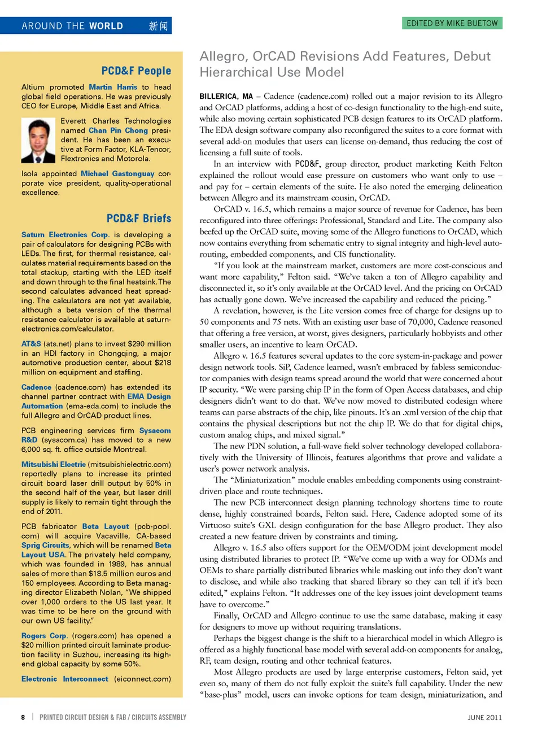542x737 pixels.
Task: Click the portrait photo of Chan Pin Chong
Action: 38,140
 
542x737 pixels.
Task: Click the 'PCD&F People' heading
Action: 136,71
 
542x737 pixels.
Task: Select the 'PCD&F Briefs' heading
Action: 138,218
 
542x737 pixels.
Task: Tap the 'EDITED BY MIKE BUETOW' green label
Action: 452,23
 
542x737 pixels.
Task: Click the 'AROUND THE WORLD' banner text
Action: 72,26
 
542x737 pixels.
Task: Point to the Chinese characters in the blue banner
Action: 158,26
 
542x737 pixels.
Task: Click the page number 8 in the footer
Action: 23,717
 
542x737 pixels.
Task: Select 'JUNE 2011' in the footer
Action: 484,717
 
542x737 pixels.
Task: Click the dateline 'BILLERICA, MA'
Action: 226,97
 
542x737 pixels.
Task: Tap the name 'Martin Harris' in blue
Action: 113,87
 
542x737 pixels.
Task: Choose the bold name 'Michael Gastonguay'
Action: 117,173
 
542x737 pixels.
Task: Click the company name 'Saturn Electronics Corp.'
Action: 65,234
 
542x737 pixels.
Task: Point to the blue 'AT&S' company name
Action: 31,343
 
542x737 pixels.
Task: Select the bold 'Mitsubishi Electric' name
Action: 54,464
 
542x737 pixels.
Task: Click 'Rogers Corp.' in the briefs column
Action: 44,635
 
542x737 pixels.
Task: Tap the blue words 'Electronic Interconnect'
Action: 65,679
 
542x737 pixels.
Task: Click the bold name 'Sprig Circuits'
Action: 45,545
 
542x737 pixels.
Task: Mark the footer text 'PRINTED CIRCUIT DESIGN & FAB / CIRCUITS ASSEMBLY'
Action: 113,717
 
